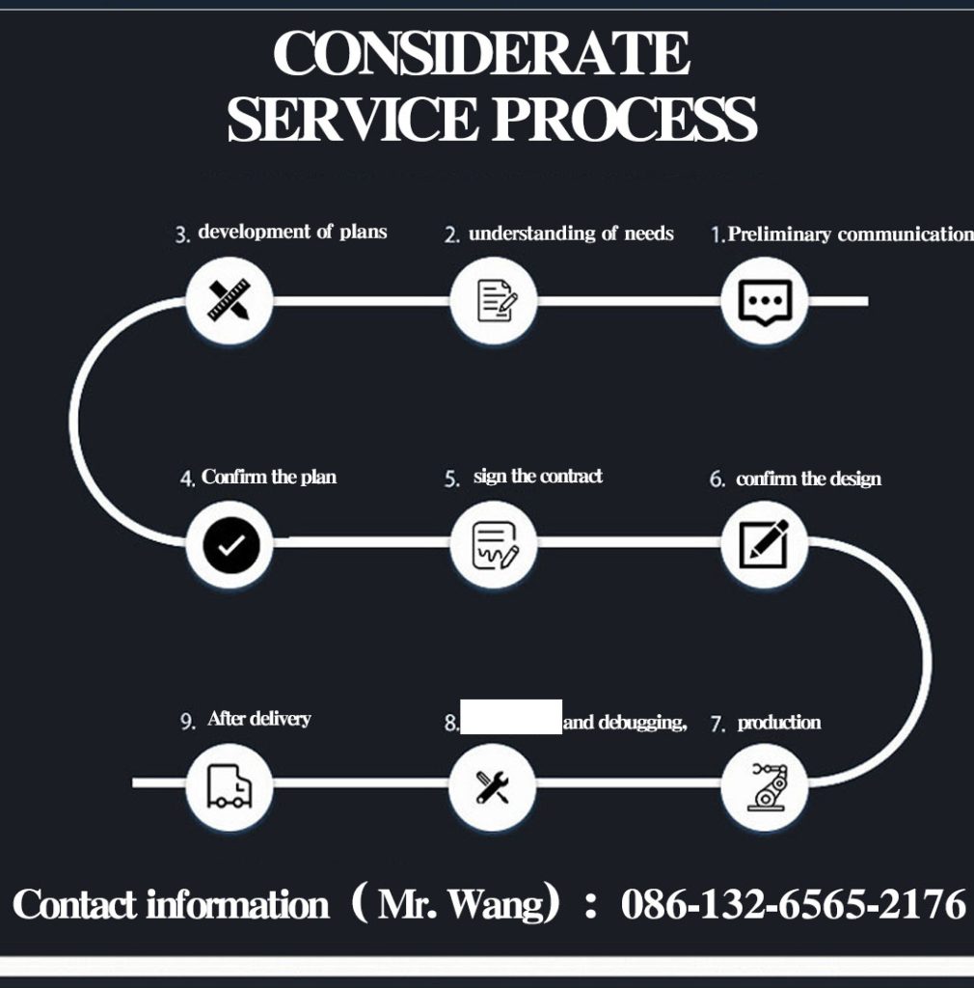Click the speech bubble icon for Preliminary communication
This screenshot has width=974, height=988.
pyautogui.click(x=765, y=301)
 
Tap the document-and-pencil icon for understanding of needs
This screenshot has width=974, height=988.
pyautogui.click(x=493, y=301)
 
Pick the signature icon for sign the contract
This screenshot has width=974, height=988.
pyautogui.click(x=493, y=545)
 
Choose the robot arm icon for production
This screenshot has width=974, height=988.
pyautogui.click(x=765, y=786)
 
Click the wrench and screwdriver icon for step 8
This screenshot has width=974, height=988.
pyautogui.click(x=493, y=786)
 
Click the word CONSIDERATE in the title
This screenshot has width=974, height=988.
pyautogui.click(x=482, y=54)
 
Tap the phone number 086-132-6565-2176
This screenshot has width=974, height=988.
pyautogui.click(x=793, y=905)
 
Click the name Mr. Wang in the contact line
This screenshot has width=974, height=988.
pyautogui.click(x=461, y=905)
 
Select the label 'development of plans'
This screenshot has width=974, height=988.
pyautogui.click(x=292, y=232)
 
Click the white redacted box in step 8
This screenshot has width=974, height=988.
pyautogui.click(x=511, y=717)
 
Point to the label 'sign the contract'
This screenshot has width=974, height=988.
pyautogui.click(x=537, y=477)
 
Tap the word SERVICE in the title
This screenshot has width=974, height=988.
pyautogui.click(x=353, y=120)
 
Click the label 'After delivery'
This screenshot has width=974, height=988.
pyautogui.click(x=258, y=719)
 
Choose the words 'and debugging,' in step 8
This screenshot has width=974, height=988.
pyautogui.click(x=625, y=723)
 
